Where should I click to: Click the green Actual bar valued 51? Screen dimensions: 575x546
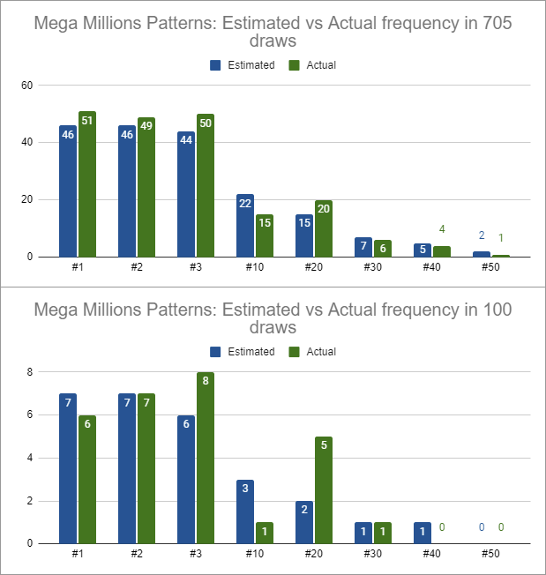click(86, 184)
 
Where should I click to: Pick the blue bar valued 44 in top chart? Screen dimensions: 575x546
click(186, 194)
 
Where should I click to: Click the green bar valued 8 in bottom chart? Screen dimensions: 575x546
click(205, 458)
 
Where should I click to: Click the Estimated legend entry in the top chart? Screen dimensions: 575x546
click(243, 64)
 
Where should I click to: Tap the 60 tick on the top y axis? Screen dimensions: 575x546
click(26, 86)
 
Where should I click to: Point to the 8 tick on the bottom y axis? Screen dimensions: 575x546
click(29, 372)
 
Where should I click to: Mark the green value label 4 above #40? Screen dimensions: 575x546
click(441, 230)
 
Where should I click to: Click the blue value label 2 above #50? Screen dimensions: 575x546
click(482, 235)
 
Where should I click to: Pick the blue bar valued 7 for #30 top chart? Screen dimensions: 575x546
click(363, 247)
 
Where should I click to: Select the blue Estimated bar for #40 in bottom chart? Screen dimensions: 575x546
click(423, 533)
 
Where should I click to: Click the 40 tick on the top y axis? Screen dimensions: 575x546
click(26, 143)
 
